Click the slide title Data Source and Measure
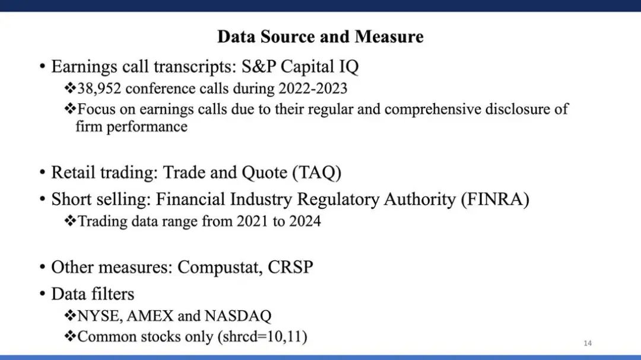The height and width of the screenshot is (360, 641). [x=320, y=37]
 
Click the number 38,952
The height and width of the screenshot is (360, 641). [x=99, y=89]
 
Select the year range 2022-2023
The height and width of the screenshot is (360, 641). [x=313, y=88]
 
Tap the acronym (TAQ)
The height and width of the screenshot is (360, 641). [x=317, y=173]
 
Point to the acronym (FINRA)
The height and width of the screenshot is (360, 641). [x=495, y=199]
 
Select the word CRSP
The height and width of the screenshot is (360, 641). [x=290, y=267]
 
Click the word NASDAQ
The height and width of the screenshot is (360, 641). [x=238, y=316]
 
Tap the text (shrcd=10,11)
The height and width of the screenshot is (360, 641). [x=262, y=337]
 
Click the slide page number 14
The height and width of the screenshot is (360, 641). [x=588, y=343]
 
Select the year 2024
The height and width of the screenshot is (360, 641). [x=305, y=221]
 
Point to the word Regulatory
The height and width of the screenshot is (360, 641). [x=338, y=199]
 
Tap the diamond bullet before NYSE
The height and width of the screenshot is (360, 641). [x=70, y=315]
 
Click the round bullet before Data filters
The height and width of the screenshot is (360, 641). [x=43, y=294]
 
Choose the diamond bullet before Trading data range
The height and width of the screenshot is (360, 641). [x=70, y=221]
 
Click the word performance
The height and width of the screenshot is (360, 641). [x=147, y=127]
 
